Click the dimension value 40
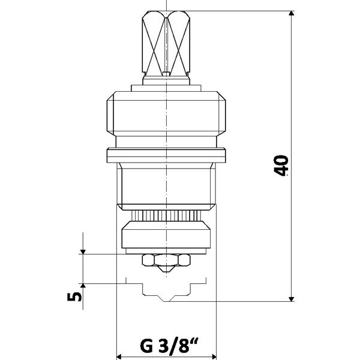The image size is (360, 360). tap(281, 166)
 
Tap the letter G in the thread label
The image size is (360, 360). tap(146, 347)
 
